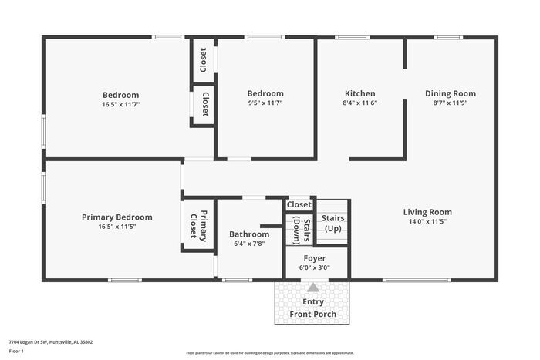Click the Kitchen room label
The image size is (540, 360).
click(x=359, y=93)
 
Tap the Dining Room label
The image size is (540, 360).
click(x=446, y=93)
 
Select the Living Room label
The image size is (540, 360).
click(x=427, y=212)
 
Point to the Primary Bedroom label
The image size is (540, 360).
click(x=117, y=217)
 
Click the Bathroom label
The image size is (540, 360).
click(x=249, y=234)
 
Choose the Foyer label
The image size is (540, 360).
click(x=314, y=258)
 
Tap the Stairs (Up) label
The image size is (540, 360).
click(x=332, y=223)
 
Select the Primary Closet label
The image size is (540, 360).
click(x=199, y=224)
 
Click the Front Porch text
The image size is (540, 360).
click(x=313, y=314)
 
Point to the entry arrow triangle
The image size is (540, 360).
click(x=313, y=287)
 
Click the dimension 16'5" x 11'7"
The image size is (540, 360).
click(x=120, y=103)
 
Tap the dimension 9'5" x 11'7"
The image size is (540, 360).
click(x=265, y=103)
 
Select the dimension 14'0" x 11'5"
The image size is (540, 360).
click(x=427, y=221)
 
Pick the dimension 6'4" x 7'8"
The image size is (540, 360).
click(x=249, y=244)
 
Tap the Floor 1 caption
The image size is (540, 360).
click(x=16, y=351)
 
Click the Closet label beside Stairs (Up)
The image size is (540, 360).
click(x=299, y=204)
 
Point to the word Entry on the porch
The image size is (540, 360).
click(x=313, y=301)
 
